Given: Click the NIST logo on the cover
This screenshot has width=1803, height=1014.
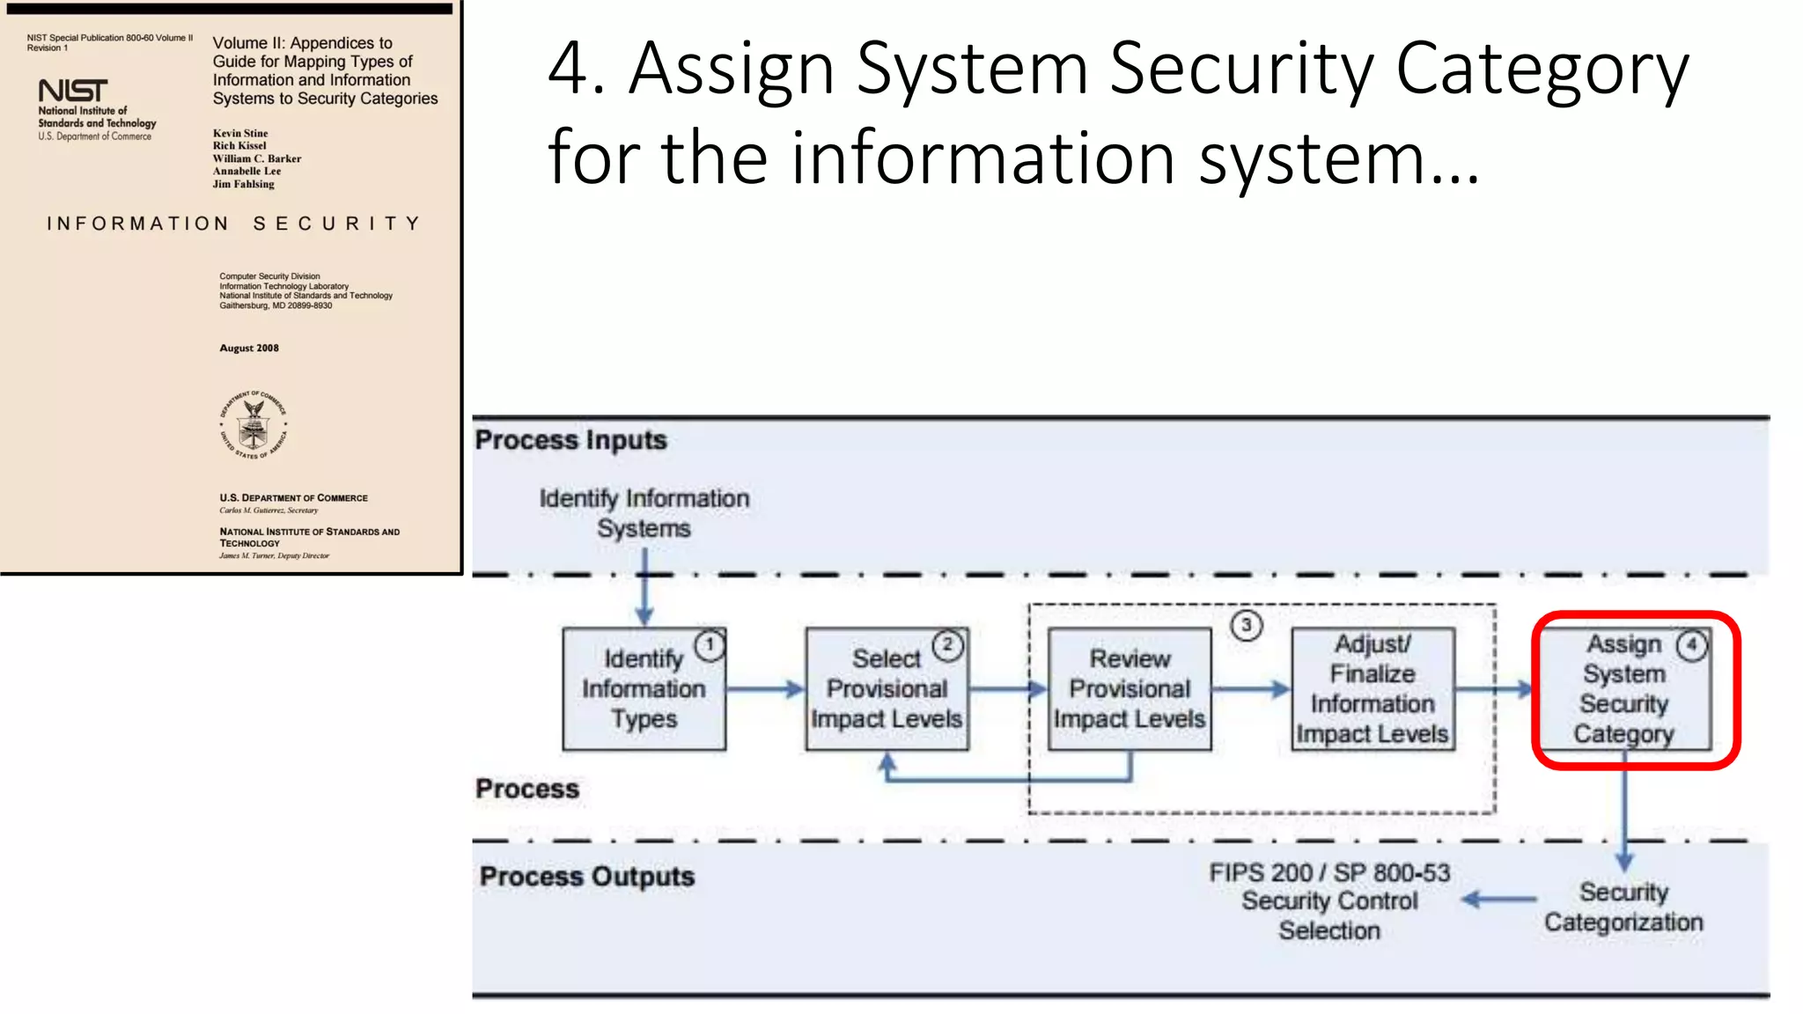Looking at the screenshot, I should pos(73,91).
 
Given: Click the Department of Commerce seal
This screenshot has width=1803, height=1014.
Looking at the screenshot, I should pos(254,425).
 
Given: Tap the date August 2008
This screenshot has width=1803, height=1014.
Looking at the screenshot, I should pos(249,349).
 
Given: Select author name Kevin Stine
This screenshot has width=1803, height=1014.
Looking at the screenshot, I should pos(240,134).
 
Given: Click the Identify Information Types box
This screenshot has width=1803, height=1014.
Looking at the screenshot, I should pos(644,689).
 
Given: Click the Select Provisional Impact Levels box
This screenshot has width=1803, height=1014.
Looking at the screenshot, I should pos(887,689).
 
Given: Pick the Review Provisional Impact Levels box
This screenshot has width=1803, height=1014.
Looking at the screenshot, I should pos(1130,689).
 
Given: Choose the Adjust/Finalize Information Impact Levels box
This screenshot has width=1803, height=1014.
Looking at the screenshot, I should pos(1372,689).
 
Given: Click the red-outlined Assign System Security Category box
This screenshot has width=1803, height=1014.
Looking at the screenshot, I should pos(1625,689).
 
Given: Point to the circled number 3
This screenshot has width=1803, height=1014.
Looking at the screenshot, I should pos(1247,626).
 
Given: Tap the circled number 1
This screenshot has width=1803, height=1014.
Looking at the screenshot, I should pos(710,645).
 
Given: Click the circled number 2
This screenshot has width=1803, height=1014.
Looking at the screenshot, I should pos(948,645).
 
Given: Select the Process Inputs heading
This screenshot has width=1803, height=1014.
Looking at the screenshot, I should pos(571,440).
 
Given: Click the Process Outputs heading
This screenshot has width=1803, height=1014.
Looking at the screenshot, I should pos(587,877).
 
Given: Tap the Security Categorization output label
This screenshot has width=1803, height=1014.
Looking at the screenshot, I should pos(1623,907).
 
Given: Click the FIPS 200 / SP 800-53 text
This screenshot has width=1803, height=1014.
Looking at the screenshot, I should pos(1329,873).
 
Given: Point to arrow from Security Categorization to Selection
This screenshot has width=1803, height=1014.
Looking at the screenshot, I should pos(1500,900).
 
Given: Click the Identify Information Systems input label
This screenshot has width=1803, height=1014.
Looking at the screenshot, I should pos(644,513).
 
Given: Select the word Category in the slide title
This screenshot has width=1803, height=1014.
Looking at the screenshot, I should pos(1542,69).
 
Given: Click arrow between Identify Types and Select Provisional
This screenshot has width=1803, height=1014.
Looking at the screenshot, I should pos(765,689).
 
